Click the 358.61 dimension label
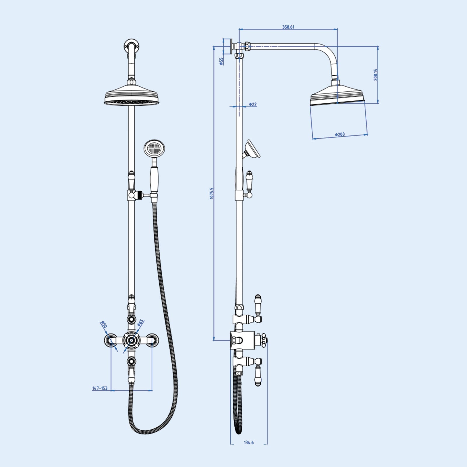point(288,27)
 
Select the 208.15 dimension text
point(376,75)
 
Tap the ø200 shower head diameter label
point(340,135)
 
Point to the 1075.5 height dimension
point(212,193)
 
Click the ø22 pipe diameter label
point(253,104)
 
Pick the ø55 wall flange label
point(221,61)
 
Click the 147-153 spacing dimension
point(100,388)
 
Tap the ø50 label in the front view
point(104,324)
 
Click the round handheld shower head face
point(154,149)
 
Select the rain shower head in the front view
point(132,96)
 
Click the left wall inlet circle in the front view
point(111,340)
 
